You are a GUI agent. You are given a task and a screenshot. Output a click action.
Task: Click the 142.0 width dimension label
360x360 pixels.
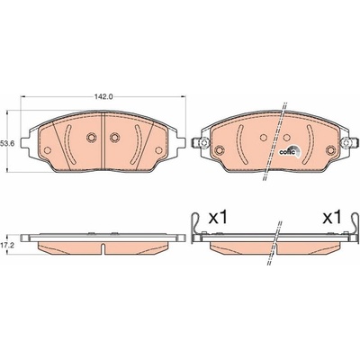tap(103, 96)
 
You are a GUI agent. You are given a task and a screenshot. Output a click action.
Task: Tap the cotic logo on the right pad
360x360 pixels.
tap(289, 151)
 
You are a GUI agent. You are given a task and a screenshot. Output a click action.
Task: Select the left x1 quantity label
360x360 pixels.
tap(218, 218)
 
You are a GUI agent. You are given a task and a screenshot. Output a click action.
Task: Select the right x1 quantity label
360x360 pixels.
tap(332, 218)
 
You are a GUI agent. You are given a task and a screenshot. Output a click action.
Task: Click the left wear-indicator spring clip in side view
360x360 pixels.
tap(197, 226)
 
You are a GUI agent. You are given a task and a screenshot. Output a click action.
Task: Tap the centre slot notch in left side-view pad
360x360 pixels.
tap(103, 248)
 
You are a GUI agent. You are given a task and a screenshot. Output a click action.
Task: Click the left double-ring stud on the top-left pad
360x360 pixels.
tap(92, 138)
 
